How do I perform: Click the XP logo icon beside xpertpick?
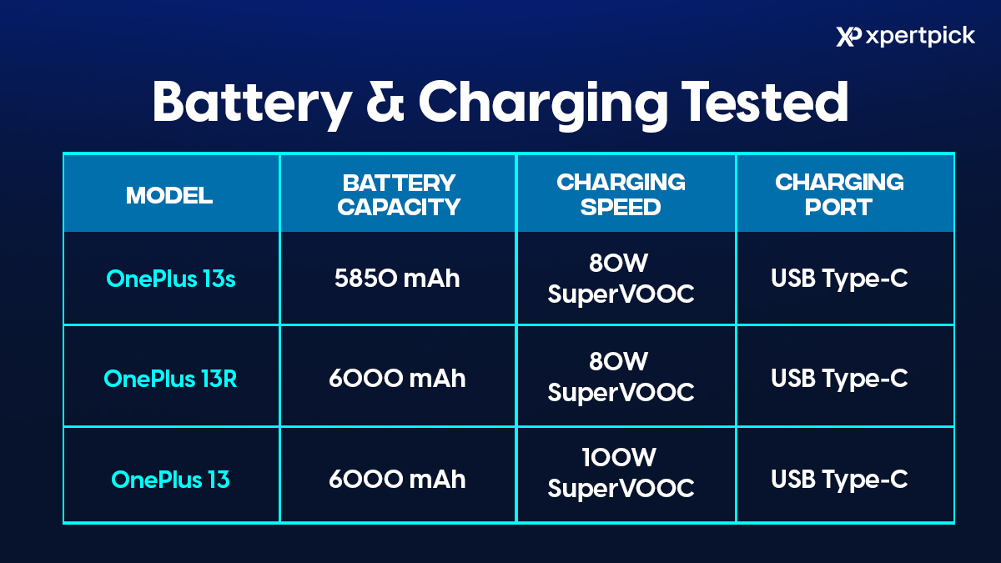[x=848, y=37]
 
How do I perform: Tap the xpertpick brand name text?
[x=920, y=37]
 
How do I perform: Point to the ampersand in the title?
[x=385, y=102]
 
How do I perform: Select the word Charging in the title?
[x=543, y=105]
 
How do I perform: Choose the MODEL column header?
[x=169, y=195]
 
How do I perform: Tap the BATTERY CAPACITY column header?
[x=399, y=195]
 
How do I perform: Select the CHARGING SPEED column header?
[x=621, y=194]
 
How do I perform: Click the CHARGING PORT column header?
[x=839, y=194]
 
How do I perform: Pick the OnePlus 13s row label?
[x=171, y=279]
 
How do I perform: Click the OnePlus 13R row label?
[x=170, y=379]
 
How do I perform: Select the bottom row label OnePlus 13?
[x=170, y=480]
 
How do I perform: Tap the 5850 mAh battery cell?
[x=397, y=279]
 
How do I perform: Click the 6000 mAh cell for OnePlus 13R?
[x=397, y=379]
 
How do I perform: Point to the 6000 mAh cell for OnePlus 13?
[x=397, y=480]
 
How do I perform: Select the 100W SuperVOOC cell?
[x=621, y=473]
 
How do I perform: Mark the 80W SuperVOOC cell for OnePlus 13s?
[x=621, y=279]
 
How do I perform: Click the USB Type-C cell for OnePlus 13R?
[x=839, y=379]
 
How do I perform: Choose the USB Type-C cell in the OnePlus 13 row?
[x=839, y=480]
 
